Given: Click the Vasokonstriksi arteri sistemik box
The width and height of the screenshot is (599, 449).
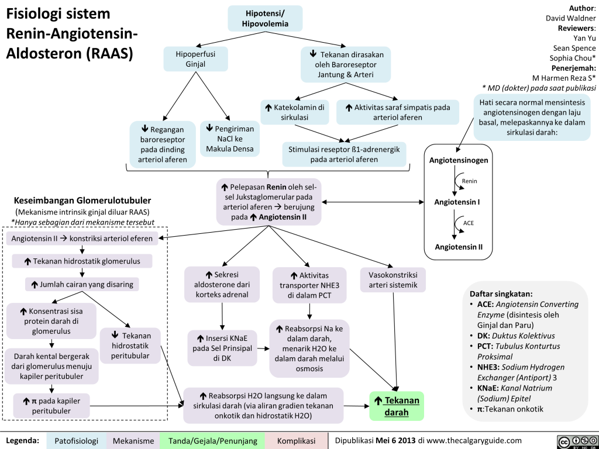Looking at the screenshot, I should [x=393, y=279].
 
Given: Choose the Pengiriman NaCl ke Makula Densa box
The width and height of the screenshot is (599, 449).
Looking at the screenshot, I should [x=229, y=138].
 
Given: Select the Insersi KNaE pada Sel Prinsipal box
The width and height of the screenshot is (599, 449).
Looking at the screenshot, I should [x=222, y=348].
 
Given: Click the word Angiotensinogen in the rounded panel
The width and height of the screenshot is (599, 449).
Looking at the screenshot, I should [x=459, y=160].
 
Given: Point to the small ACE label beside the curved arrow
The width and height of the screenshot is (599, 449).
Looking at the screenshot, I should [x=469, y=223].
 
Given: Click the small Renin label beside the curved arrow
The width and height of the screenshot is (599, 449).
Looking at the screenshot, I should [x=469, y=181].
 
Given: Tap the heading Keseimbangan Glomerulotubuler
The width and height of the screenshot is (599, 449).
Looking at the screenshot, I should [x=82, y=200].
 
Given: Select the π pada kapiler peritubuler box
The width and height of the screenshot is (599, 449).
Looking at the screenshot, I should [x=51, y=405].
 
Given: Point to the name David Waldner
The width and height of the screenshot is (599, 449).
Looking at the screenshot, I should [x=570, y=18].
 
